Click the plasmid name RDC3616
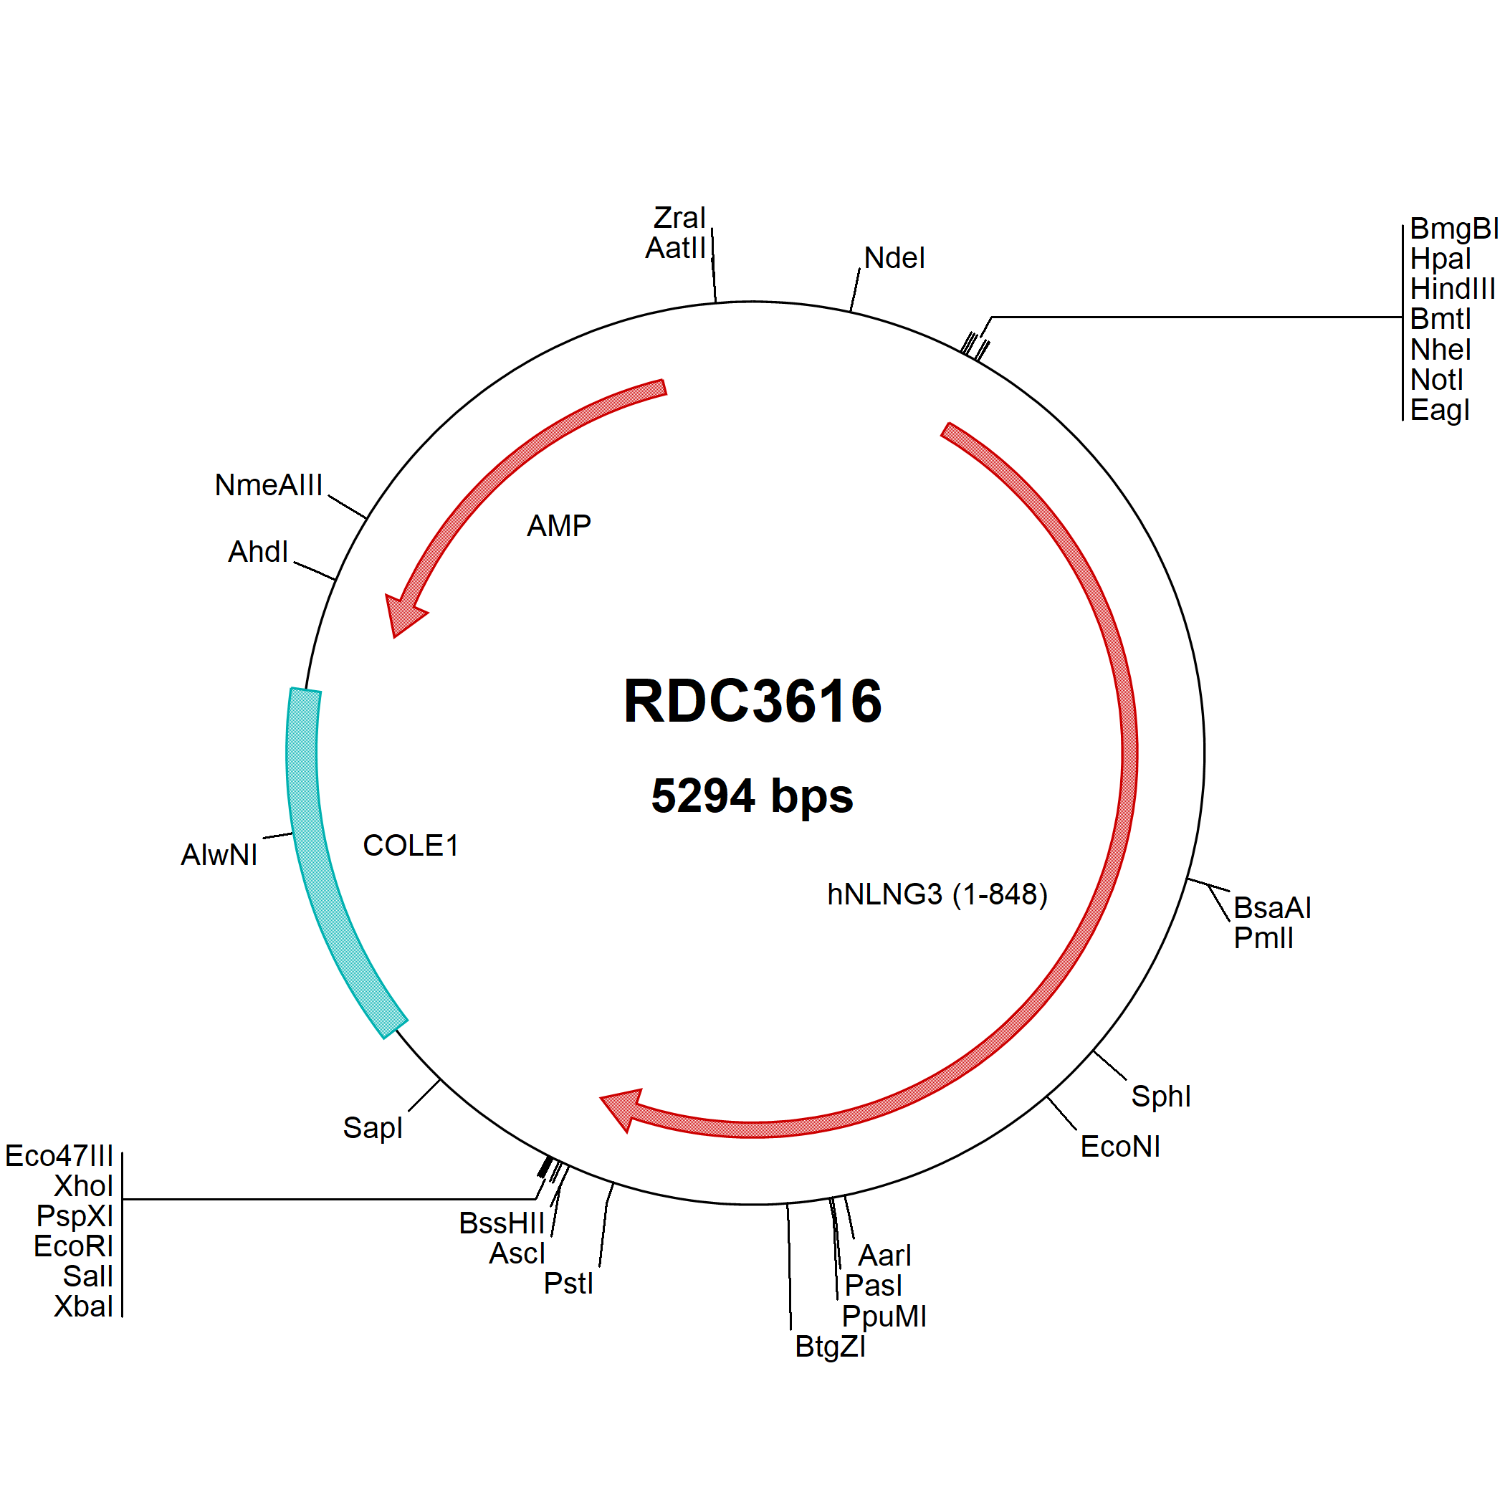click(752, 701)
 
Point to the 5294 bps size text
click(752, 796)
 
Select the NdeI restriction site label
click(894, 258)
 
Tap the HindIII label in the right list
click(1453, 289)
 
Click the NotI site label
click(1436, 380)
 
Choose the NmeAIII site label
click(268, 485)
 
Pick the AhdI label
click(258, 552)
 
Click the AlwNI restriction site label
click(219, 854)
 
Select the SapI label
click(373, 1127)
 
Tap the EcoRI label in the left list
click(73, 1246)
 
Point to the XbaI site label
click(83, 1306)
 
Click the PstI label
click(568, 1283)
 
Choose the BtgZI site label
click(831, 1346)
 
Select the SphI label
click(1161, 1096)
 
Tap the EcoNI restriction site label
click(1120, 1147)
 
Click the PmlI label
click(1263, 938)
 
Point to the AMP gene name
click(558, 526)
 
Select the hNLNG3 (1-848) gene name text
click(937, 894)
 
